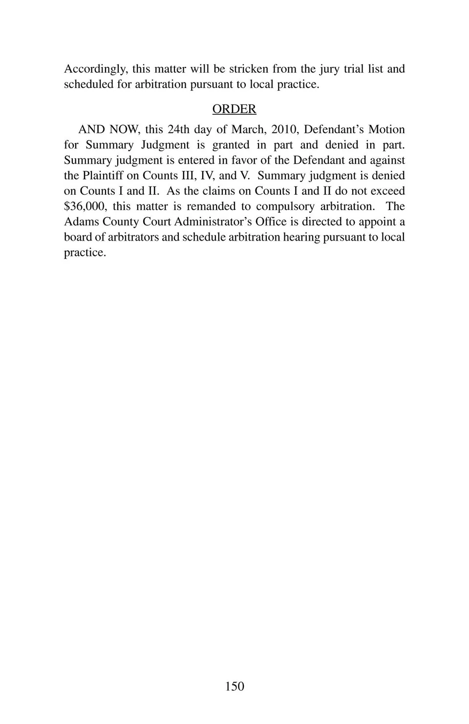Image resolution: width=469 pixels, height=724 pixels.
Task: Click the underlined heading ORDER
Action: click(234, 109)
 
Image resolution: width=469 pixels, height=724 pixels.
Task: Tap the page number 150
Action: click(234, 686)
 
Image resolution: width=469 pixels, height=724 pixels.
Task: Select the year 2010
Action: click(284, 129)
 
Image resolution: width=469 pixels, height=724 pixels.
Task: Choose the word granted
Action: click(231, 145)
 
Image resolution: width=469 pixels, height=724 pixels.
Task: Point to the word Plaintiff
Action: click(102, 176)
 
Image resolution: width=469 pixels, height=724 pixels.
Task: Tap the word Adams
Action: click(81, 222)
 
